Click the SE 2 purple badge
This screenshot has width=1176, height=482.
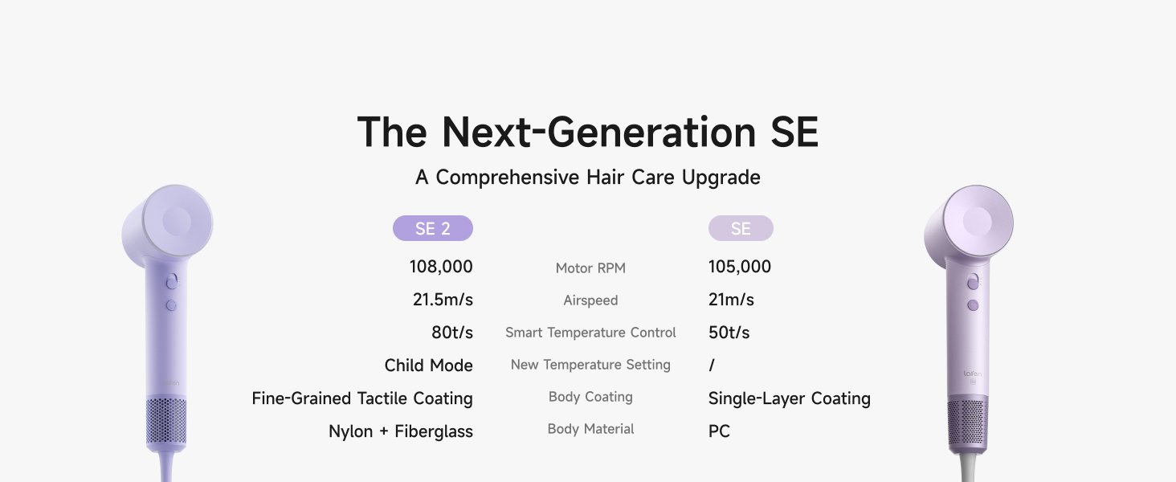433,228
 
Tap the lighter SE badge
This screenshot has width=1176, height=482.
741,228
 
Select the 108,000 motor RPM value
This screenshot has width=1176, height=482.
441,267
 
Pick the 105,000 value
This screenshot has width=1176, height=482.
740,267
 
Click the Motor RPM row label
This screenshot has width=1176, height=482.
590,268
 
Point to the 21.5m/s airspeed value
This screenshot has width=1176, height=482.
443,300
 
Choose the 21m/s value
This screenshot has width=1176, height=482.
731,300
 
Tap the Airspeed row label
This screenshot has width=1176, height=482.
590,300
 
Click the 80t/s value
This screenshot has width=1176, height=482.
452,333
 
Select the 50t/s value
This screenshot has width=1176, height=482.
729,333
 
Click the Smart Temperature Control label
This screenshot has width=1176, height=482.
590,333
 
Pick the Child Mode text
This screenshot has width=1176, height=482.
428,366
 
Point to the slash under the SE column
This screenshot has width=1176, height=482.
712,366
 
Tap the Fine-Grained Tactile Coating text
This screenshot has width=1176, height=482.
362,398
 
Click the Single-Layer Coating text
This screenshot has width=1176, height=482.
789,398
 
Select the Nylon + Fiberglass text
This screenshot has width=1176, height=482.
401,431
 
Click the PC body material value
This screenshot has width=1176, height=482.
719,431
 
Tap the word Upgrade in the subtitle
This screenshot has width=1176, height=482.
721,178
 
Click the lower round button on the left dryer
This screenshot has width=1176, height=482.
171,305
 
